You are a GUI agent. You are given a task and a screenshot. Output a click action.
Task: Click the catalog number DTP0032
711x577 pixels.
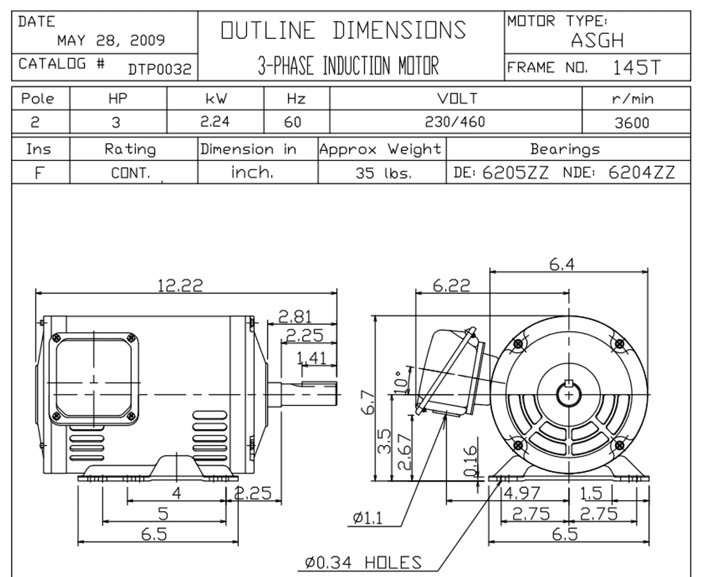coord(159,69)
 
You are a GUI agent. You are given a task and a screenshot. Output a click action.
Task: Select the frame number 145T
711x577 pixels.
coord(637,68)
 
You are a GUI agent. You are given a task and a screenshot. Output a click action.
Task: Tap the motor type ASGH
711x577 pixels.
coord(597,40)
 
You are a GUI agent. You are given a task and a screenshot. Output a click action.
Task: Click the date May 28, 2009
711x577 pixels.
coord(111,41)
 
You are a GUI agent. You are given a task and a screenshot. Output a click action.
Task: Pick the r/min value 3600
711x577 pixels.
coord(632,123)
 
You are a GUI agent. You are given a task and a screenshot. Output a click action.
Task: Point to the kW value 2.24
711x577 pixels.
coord(215,122)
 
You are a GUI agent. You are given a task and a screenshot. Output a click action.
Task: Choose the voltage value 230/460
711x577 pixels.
coord(455,122)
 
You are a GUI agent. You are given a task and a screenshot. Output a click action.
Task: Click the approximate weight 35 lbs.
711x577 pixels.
coord(384,173)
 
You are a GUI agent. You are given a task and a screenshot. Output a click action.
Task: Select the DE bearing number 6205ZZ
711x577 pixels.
coord(515,173)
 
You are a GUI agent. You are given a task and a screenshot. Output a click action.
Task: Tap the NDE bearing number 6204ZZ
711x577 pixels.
coord(642,173)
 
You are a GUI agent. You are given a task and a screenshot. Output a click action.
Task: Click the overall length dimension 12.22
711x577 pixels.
coord(180,285)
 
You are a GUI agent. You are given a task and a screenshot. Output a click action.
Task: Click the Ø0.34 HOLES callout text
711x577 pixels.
coord(363,563)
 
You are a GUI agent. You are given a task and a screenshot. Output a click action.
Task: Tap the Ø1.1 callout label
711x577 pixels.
coord(367,518)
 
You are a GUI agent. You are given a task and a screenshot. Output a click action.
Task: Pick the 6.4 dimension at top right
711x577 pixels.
coord(562,265)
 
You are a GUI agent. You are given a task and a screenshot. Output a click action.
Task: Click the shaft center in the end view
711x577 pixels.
coord(569,394)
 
